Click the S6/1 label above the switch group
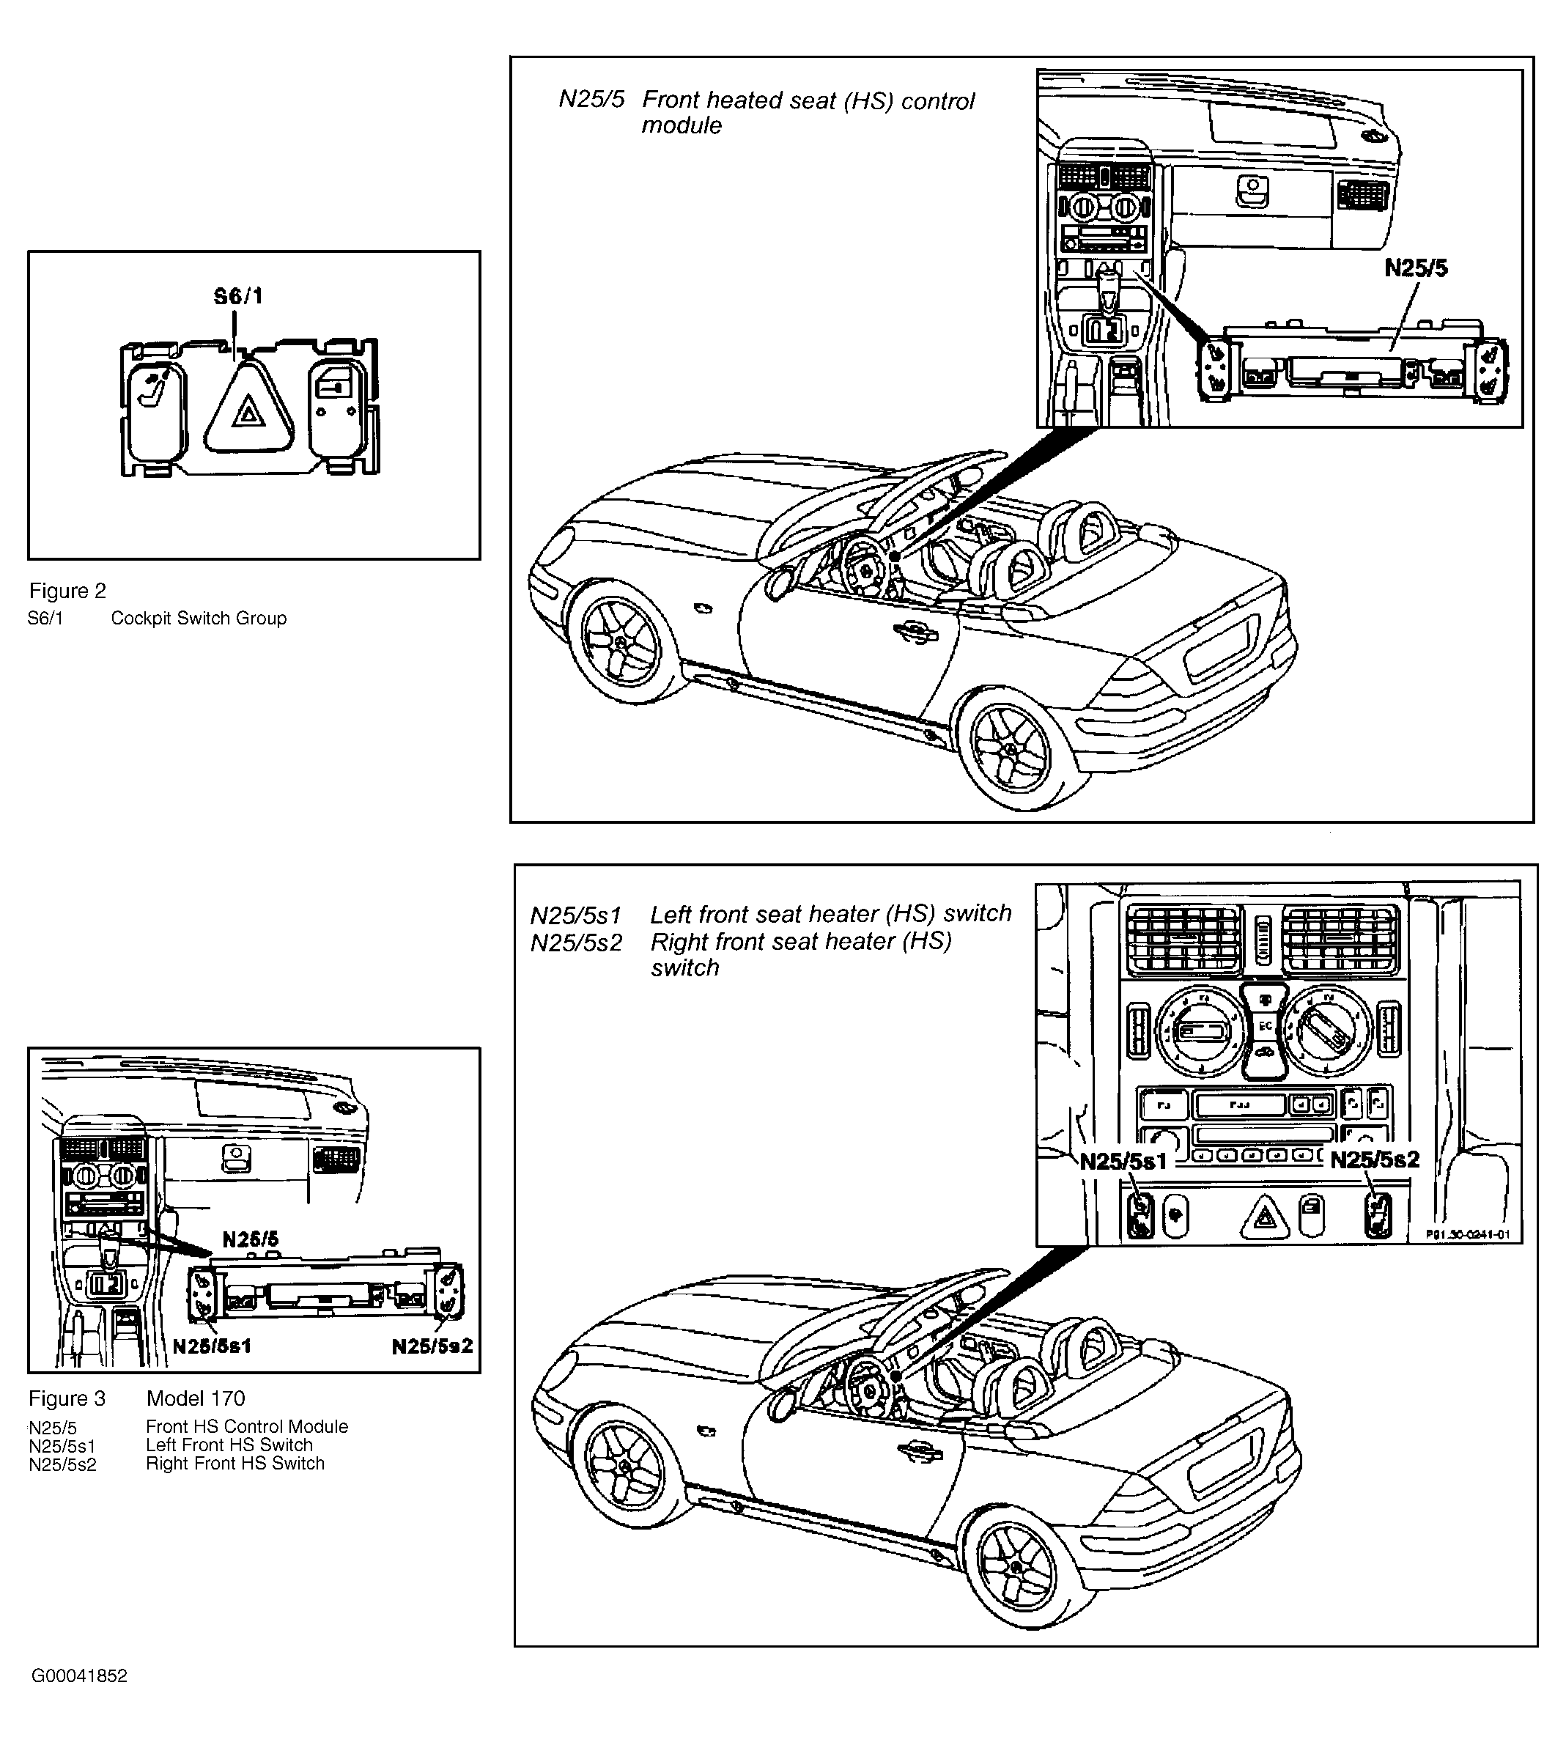[238, 296]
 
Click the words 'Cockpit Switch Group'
[199, 618]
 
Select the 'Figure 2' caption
[68, 591]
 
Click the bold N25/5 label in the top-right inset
[1416, 268]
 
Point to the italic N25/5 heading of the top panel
[592, 99]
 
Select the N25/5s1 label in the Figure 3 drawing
[212, 1346]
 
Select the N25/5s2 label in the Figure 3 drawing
[432, 1346]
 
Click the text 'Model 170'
[196, 1398]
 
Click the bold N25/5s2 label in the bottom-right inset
[1374, 1159]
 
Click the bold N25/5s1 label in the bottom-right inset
[1123, 1161]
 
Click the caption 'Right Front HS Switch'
[235, 1464]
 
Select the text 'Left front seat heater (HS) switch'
[831, 913]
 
